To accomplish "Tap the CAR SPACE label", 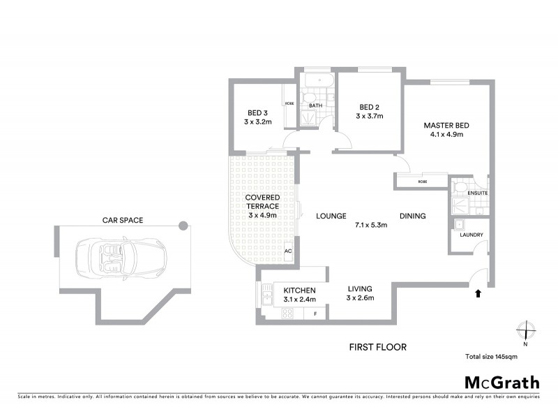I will pyautogui.click(x=121, y=220).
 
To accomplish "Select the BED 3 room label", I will pyautogui.click(x=257, y=112).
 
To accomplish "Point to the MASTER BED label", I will pyautogui.click(x=446, y=126).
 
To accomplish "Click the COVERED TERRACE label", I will pyautogui.click(x=262, y=202).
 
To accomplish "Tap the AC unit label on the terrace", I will pyautogui.click(x=287, y=251).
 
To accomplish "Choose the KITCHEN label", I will pyautogui.click(x=300, y=290).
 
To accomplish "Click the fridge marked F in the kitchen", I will pyautogui.click(x=315, y=314).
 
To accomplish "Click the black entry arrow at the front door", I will pyautogui.click(x=478, y=294).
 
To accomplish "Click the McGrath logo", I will pyautogui.click(x=502, y=382).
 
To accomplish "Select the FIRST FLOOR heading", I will pyautogui.click(x=378, y=346).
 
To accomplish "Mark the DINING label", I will pyautogui.click(x=412, y=216).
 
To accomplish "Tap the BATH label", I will pyautogui.click(x=315, y=106).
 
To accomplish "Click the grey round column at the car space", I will pyautogui.click(x=183, y=226).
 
